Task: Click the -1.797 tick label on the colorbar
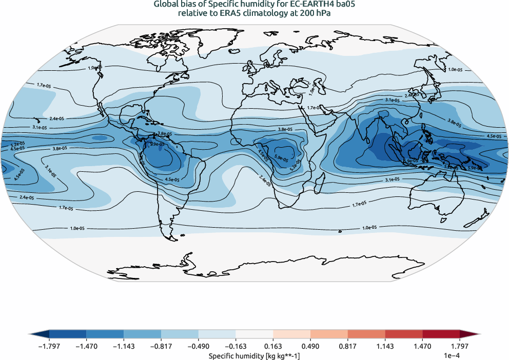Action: click(x=49, y=347)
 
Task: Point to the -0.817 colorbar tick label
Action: click(x=161, y=347)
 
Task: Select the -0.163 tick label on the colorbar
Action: click(x=236, y=347)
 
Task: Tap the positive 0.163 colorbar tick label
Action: click(x=273, y=347)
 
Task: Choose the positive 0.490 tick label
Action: click(x=310, y=347)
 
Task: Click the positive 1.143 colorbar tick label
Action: click(x=385, y=347)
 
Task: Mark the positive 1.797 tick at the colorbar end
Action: click(x=460, y=347)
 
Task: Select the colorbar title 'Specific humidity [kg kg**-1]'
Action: click(x=254, y=355)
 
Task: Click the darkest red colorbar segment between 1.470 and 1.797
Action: click(x=441, y=334)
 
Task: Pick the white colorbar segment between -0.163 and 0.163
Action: click(x=254, y=334)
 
